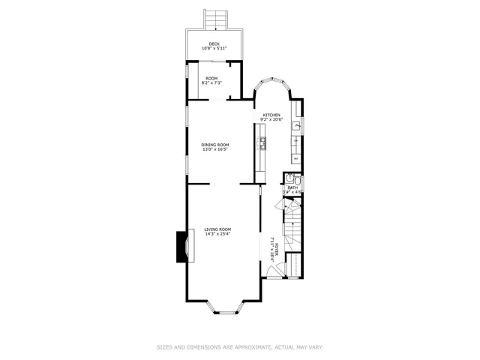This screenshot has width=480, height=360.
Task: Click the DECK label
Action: click(x=214, y=44)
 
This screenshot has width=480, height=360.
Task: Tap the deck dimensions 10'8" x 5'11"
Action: click(x=214, y=49)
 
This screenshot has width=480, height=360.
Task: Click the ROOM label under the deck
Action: click(x=212, y=78)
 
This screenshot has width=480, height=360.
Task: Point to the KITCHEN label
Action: click(x=271, y=115)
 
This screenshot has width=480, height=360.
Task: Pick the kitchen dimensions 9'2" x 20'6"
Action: click(x=271, y=120)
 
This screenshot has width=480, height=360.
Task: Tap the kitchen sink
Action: click(x=297, y=125)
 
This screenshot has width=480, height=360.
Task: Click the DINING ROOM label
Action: click(x=214, y=145)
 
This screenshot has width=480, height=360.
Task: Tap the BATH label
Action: click(x=292, y=187)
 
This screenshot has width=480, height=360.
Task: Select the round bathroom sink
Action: click(x=289, y=178)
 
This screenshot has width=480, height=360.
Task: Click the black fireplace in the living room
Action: click(x=181, y=247)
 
